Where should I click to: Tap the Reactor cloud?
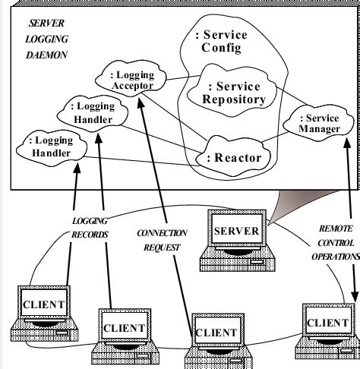[232, 157]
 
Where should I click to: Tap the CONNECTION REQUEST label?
[161, 241]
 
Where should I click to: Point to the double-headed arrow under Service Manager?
[348, 220]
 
